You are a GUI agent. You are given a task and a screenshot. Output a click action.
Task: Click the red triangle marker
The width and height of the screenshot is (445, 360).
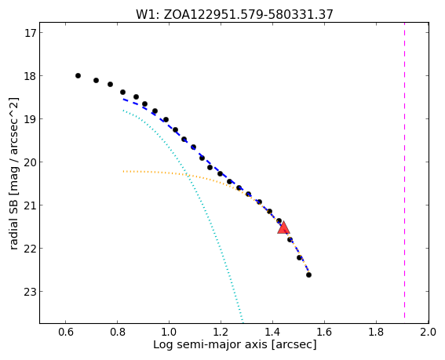point(283,227)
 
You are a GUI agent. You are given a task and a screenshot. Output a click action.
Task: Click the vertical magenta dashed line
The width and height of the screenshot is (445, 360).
point(404,170)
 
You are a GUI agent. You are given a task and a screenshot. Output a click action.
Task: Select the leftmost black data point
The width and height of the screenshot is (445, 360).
point(78,76)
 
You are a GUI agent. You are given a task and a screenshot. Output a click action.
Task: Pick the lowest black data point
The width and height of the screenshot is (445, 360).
point(308,275)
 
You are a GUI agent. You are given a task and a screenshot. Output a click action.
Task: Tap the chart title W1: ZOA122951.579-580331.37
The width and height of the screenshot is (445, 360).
point(235,14)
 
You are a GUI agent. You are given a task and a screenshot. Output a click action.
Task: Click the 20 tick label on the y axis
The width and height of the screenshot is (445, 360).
point(30,162)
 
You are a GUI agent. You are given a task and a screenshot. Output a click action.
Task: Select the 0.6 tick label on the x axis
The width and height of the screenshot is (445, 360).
point(65,332)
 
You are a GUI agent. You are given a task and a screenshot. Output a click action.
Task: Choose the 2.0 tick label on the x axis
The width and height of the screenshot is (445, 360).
point(429,332)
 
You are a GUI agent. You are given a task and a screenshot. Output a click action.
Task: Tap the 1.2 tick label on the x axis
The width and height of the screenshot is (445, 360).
point(221,332)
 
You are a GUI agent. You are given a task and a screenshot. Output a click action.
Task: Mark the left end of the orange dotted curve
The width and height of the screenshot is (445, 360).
point(123,171)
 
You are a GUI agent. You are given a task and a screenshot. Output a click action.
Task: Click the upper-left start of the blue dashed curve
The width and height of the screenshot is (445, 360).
point(123,100)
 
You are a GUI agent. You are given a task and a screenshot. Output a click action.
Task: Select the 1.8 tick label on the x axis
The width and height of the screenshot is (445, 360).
point(376,332)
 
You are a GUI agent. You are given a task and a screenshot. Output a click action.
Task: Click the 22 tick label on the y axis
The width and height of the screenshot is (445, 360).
point(30,249)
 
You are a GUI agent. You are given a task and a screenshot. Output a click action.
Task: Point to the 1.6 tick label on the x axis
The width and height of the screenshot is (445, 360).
point(324,332)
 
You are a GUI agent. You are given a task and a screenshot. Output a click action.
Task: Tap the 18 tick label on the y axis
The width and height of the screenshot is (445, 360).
point(30,76)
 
